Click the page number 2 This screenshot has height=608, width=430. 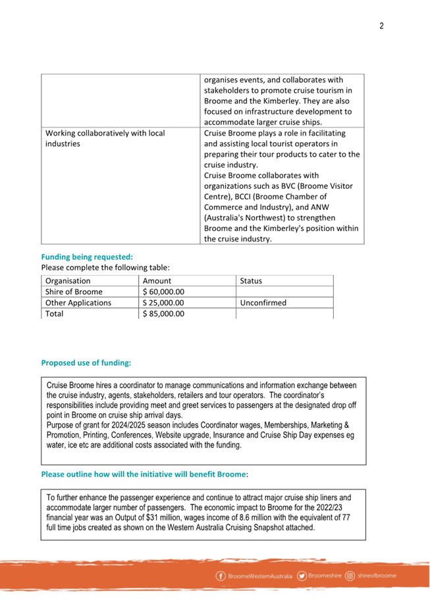[381, 26]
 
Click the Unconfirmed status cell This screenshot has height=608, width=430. [263, 303]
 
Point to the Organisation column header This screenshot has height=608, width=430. [68, 280]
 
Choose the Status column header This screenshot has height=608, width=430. [251, 280]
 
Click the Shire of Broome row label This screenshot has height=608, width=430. [74, 291]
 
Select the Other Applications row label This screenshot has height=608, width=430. [78, 303]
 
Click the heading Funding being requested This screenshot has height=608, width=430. [87, 257]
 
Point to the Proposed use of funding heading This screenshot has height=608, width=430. [86, 362]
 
